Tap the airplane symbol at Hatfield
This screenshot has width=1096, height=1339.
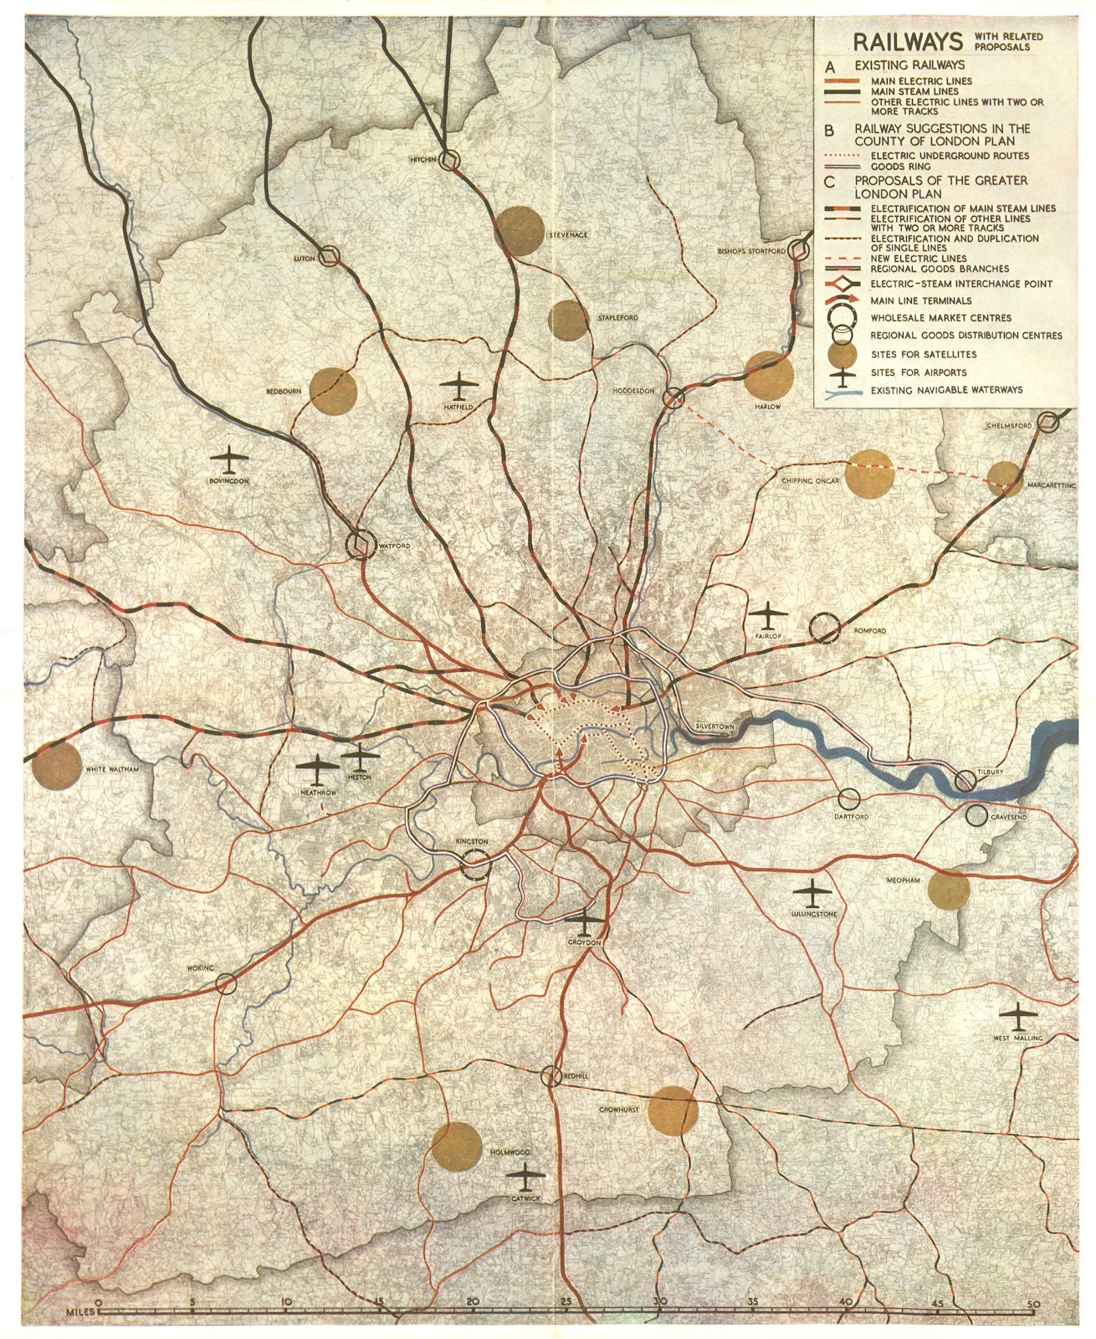click(x=457, y=386)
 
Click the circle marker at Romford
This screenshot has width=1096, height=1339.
click(x=825, y=627)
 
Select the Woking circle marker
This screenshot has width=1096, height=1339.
click(x=226, y=982)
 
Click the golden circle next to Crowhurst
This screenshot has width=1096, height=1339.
click(x=673, y=1111)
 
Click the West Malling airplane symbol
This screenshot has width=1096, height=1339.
click(x=1019, y=1018)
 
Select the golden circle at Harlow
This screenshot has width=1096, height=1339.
click(x=768, y=376)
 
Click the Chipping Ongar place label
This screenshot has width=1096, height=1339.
click(x=809, y=481)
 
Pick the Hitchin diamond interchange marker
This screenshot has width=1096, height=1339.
click(x=451, y=160)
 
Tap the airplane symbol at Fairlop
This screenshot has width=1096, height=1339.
click(x=764, y=616)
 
